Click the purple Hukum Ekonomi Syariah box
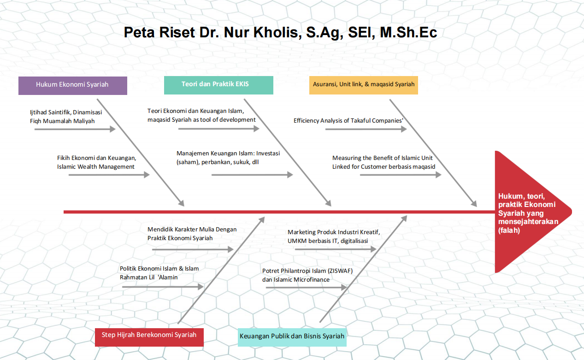[x=72, y=85]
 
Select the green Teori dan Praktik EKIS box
[x=218, y=85]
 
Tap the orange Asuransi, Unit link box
[x=363, y=85]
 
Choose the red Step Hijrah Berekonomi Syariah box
[x=149, y=335]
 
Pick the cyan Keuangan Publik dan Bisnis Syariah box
[x=292, y=336]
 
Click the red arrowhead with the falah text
[x=530, y=212]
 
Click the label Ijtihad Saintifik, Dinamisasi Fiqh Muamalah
[x=66, y=117]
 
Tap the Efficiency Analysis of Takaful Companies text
[x=348, y=121]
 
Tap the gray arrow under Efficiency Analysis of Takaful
[x=366, y=130]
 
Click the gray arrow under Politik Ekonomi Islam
[x=163, y=287]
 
